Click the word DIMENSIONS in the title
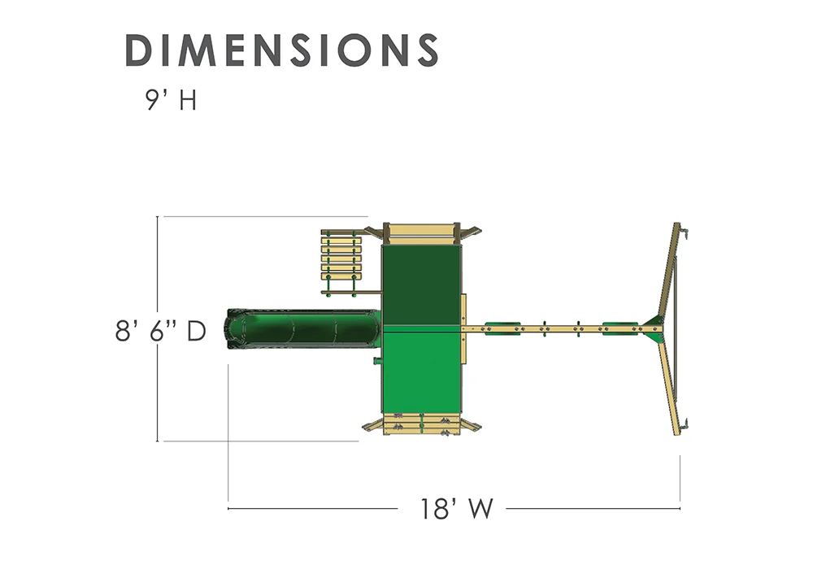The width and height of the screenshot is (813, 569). point(282,50)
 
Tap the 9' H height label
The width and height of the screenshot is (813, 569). point(171,100)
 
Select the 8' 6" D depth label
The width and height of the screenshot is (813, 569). point(161,331)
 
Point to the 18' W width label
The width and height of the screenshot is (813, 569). point(456,509)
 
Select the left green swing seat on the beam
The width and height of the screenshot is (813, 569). point(502,328)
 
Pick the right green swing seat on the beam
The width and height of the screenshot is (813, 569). point(620,328)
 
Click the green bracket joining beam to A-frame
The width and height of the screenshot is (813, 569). point(654,328)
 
